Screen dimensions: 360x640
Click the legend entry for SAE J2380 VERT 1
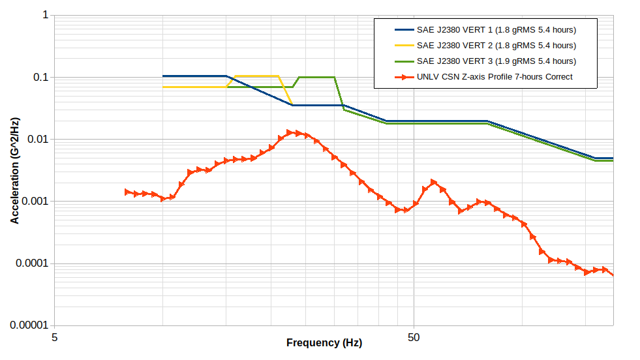tap(496, 30)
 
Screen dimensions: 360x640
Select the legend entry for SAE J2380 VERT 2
tap(496, 46)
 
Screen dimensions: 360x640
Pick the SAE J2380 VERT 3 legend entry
tap(496, 61)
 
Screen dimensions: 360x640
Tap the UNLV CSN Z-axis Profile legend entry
tap(495, 77)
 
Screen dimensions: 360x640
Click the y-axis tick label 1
tap(45, 15)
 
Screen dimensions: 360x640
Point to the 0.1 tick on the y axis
tap(41, 77)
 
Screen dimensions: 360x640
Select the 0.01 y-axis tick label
tap(38, 140)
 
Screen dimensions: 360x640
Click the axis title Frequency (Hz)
tap(324, 343)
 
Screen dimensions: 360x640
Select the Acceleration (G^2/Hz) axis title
tap(14, 170)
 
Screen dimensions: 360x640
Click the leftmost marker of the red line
tap(128, 192)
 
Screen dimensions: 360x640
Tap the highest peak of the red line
tap(290, 132)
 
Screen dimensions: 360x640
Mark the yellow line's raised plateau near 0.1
tap(256, 76)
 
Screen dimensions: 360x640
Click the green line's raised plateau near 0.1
tap(316, 77)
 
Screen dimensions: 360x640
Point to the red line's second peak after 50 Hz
tap(480, 202)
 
